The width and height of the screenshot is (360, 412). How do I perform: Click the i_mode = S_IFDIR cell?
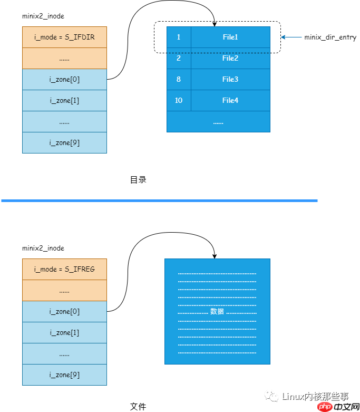[64, 37]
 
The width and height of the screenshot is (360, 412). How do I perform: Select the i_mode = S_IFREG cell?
[64, 269]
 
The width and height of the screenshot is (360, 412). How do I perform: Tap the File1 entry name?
[230, 37]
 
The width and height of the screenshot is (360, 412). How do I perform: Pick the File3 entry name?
[230, 79]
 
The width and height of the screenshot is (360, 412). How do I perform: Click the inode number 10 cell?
[179, 100]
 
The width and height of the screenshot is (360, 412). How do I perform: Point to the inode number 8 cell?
[179, 79]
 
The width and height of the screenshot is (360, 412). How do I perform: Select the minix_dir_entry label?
[330, 37]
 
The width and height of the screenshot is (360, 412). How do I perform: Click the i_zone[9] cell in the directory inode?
[64, 142]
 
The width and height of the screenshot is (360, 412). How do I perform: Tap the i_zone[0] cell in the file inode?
[64, 311]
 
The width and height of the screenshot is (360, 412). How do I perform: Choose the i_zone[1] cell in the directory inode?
[64, 100]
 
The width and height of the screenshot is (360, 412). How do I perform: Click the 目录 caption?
[138, 180]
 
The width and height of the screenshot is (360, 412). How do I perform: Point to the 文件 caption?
[138, 407]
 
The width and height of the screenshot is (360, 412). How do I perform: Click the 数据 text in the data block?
[217, 311]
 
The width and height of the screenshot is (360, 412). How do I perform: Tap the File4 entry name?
[230, 100]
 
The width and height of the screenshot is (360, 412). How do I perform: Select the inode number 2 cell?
[179, 58]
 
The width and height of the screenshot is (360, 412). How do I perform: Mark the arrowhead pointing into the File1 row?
[215, 24]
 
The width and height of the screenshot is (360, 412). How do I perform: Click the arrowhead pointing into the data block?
[215, 255]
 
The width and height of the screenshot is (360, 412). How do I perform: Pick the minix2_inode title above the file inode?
[43, 248]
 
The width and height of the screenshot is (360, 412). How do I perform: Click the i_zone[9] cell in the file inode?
[64, 375]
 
